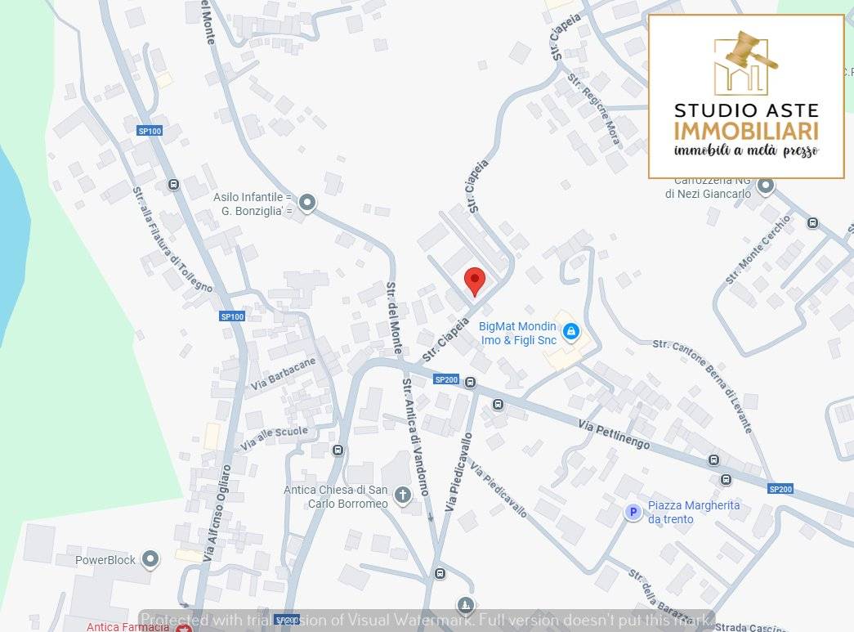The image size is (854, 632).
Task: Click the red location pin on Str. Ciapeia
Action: tap(475, 280)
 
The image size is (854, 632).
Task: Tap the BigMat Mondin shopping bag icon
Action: tap(571, 331)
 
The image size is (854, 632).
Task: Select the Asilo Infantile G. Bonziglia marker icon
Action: tap(306, 201)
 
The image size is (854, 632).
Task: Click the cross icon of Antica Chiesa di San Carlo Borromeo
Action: tap(402, 495)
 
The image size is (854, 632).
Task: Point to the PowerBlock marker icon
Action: tap(150, 559)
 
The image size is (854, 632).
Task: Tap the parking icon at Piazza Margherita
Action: tap(632, 512)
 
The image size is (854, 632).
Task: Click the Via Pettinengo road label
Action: tap(614, 434)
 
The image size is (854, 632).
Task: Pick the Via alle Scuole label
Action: tap(275, 438)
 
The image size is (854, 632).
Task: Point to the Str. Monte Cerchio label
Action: tap(758, 249)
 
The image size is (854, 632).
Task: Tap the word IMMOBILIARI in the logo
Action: tap(746, 131)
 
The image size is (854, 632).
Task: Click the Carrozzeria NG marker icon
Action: tap(766, 186)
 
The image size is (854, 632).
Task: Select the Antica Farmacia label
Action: tap(128, 627)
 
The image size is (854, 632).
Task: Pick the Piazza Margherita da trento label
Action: tap(693, 512)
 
